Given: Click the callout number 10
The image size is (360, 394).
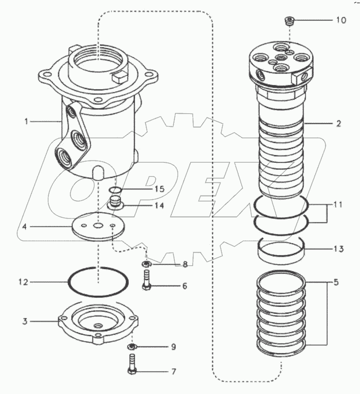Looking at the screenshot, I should coord(340,21).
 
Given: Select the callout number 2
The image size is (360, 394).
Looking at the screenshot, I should coord(338,124).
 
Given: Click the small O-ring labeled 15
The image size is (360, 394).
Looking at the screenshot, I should coord(115,190).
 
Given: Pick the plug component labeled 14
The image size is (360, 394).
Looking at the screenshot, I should coord(115,204).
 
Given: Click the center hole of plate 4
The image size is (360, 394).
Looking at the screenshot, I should coord(98,226).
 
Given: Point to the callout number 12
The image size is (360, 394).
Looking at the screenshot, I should coord(23,282).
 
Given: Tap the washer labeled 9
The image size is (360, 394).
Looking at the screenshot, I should coord(132,347).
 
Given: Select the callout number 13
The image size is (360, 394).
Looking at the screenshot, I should coord(338,248).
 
